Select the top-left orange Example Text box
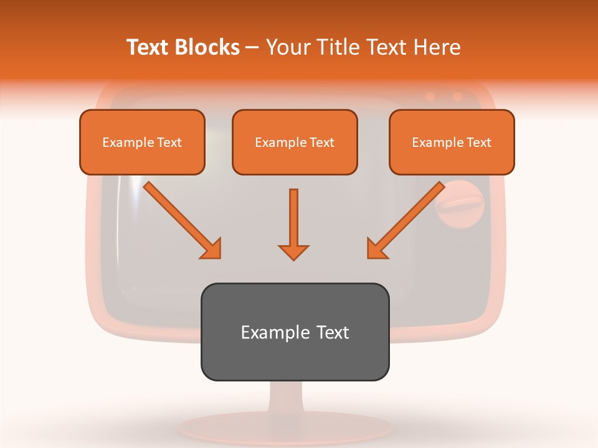[x=142, y=142]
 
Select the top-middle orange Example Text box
[x=295, y=142]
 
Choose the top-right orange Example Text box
[x=452, y=142]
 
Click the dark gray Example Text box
[x=295, y=332]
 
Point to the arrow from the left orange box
[x=181, y=220]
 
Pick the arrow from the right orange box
[x=407, y=220]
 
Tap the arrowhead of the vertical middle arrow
[x=293, y=252]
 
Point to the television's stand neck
[x=295, y=398]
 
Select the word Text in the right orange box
[x=478, y=142]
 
